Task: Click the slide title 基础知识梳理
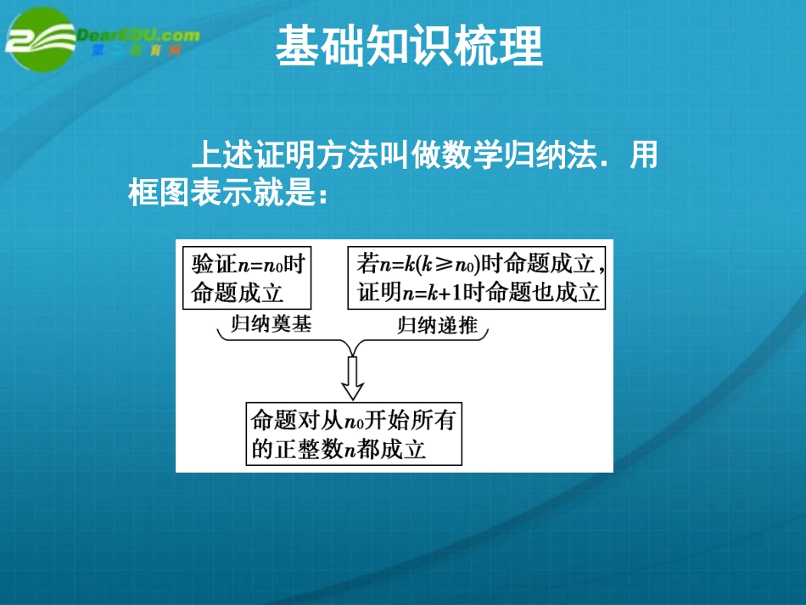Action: coord(408,47)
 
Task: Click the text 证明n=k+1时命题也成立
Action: coord(479,293)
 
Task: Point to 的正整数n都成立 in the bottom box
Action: coord(338,448)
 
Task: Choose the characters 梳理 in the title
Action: coord(508,47)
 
